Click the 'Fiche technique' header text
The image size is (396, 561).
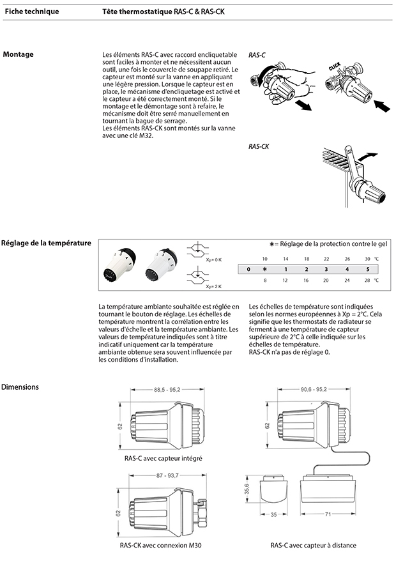click(31, 12)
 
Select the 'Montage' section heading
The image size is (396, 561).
click(19, 54)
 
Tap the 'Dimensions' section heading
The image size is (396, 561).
click(21, 387)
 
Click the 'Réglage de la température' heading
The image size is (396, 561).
click(46, 243)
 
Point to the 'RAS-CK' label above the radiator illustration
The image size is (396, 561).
click(258, 147)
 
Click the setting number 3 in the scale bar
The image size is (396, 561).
click(326, 270)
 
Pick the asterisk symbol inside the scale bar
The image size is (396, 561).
click(264, 270)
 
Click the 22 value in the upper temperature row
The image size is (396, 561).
click(326, 259)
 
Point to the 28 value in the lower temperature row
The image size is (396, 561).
click(367, 280)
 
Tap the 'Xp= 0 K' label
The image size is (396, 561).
click(213, 259)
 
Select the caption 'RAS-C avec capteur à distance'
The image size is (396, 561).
click(313, 545)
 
